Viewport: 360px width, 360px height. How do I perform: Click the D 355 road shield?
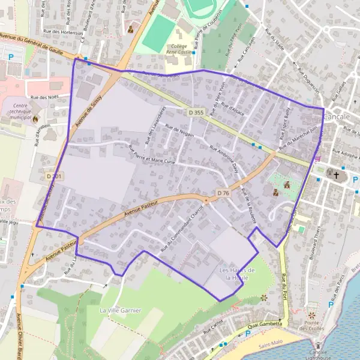click(196, 112)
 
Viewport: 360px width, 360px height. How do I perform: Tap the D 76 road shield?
click(223, 193)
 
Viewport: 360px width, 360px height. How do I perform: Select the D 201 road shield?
click(54, 176)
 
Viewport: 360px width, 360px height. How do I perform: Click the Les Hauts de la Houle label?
click(237, 274)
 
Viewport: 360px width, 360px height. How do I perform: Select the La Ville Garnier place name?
click(121, 310)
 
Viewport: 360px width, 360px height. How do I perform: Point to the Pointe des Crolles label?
click(311, 325)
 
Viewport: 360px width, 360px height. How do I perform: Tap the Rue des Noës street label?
click(43, 97)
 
